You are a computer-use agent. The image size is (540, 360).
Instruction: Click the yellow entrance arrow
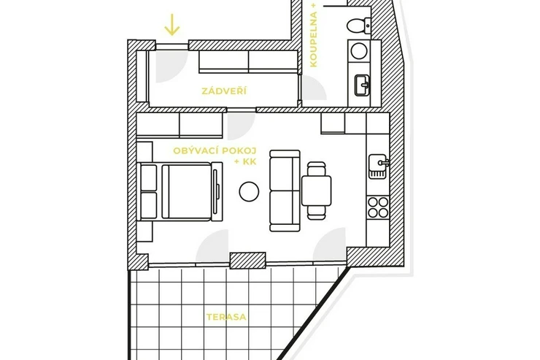pyautogui.click(x=171, y=24)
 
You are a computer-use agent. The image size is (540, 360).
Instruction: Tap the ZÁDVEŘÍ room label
pyautogui.click(x=224, y=91)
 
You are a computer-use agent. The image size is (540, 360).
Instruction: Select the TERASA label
pyautogui.click(x=227, y=317)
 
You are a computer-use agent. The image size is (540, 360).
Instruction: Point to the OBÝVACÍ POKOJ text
pyautogui.click(x=215, y=151)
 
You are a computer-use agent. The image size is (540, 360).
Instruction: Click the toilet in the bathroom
pyautogui.click(x=358, y=26)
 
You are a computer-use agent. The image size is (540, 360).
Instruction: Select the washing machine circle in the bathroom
pyautogui.click(x=358, y=50)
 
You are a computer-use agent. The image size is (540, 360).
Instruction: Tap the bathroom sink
pyautogui.click(x=362, y=85)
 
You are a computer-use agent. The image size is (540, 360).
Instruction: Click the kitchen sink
pyautogui.click(x=379, y=166)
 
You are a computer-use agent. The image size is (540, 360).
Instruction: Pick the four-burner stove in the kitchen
pyautogui.click(x=378, y=207)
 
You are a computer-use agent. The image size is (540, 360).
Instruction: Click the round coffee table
pyautogui.click(x=249, y=191)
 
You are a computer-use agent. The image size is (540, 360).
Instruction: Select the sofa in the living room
pyautogui.click(x=285, y=191)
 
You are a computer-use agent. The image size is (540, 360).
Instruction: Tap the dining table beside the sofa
pyautogui.click(x=317, y=191)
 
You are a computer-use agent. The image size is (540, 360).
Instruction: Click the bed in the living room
pyautogui.click(x=180, y=191)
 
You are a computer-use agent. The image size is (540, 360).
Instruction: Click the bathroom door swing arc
pyautogui.click(x=314, y=87)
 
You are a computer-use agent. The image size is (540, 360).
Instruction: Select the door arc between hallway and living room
pyautogui.click(x=241, y=126)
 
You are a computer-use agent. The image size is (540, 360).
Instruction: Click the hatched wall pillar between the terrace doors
pyautogui.click(x=247, y=261)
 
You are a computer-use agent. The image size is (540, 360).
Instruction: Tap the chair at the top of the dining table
pyautogui.click(x=316, y=169)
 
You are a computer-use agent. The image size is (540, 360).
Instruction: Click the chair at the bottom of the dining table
pyautogui.click(x=316, y=212)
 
